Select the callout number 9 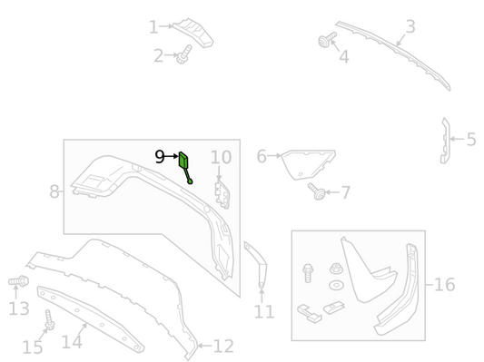point(159,157)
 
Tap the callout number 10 point(221,157)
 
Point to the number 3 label point(410,26)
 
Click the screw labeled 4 point(327,40)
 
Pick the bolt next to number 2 point(184,54)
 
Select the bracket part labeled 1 point(193,33)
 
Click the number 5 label point(471,140)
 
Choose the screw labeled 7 point(316,191)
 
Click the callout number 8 point(54,191)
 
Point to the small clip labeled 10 point(222,195)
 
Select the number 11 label point(264,312)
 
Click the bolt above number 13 point(18,281)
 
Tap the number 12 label point(223,347)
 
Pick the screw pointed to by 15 point(49,320)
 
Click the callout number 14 point(72,342)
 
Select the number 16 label point(444,284)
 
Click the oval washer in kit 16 point(336,285)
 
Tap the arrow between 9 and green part point(172,156)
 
